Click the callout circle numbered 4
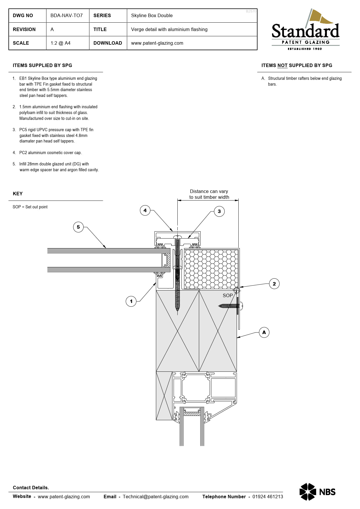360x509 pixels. (145, 210)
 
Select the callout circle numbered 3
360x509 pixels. (219, 211)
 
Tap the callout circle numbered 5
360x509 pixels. (78, 227)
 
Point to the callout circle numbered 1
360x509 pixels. (131, 301)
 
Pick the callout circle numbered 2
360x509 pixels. (274, 284)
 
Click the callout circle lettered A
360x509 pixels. (264, 332)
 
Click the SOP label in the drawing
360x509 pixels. (228, 295)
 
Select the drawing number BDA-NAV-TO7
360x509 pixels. (66, 15)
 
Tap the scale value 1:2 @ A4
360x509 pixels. (60, 43)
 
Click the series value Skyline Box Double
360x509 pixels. (152, 15)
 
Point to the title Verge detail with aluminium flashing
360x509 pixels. (169, 29)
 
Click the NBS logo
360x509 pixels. (317, 492)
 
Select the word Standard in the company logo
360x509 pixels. (305, 31)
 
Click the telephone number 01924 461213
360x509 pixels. (267, 497)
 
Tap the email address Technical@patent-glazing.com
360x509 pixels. (155, 497)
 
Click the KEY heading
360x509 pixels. (18, 194)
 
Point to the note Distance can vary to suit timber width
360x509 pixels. (209, 194)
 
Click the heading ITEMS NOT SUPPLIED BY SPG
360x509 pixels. (296, 65)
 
